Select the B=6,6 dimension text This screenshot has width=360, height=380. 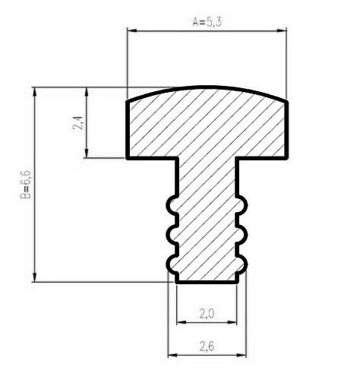25,185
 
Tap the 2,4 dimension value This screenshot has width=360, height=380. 78,123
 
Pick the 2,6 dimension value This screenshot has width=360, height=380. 206,346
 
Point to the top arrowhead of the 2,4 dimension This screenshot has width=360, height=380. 90,91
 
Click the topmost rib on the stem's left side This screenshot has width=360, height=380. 169,205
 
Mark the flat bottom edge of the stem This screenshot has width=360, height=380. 207,282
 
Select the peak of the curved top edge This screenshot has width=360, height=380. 207,87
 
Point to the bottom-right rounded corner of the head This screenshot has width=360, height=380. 286,156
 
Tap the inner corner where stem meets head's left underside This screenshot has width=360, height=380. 176,159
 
